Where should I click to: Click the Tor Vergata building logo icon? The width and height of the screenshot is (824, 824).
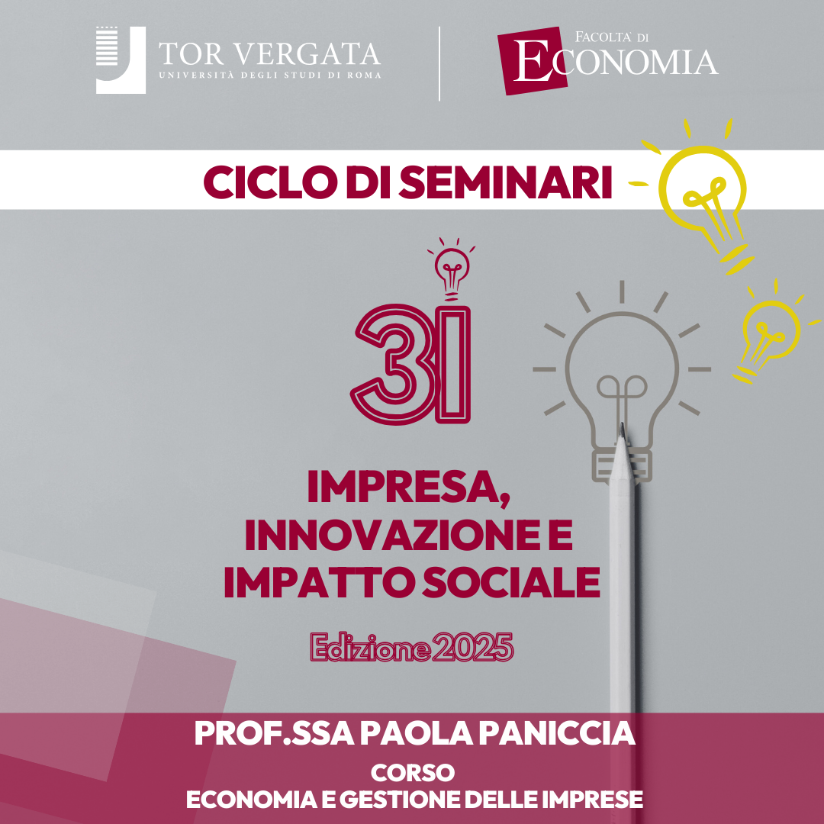pos(121,60)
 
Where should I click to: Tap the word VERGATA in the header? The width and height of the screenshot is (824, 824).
pos(307,55)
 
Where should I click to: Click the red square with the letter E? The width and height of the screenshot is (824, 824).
pos(532,60)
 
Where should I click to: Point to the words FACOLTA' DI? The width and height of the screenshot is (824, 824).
pos(612,37)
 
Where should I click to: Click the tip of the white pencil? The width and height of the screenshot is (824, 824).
pos(623,425)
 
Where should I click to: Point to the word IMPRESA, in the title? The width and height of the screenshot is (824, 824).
pos(409,488)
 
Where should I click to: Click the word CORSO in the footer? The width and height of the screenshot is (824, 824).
pos(413,772)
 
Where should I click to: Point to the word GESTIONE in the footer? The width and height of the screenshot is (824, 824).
pos(400,800)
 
